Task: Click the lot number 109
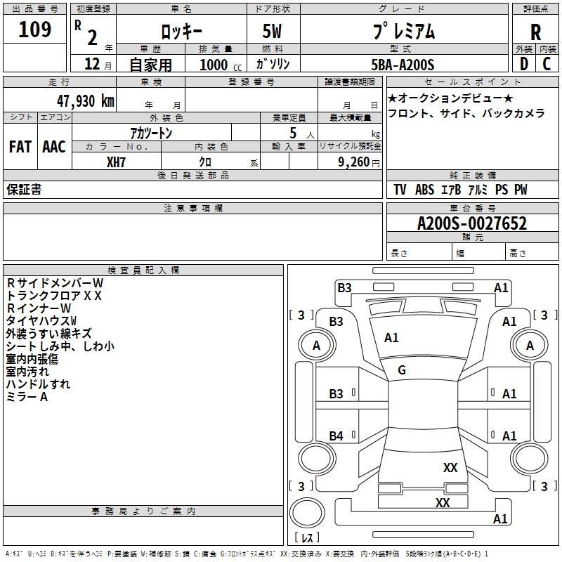[x=34, y=30]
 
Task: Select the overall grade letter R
[x=535, y=32]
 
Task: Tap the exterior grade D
[x=523, y=64]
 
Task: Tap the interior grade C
[x=547, y=64]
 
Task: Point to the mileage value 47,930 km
[x=86, y=101]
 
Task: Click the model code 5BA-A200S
[x=403, y=65]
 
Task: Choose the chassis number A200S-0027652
[x=472, y=223]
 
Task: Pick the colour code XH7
[x=116, y=162]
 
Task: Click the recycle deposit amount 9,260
[x=354, y=162]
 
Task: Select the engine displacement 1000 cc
[x=221, y=65]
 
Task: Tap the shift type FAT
[x=20, y=147]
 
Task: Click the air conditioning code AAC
[x=54, y=147]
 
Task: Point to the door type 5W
[x=272, y=31]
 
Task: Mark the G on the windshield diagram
[x=402, y=370]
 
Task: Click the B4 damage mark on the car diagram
[x=336, y=436]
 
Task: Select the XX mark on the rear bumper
[x=443, y=502]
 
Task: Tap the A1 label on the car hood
[x=391, y=338]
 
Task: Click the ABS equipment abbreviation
[x=425, y=190]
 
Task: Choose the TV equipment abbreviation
[x=400, y=190]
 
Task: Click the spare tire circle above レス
[x=307, y=512]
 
